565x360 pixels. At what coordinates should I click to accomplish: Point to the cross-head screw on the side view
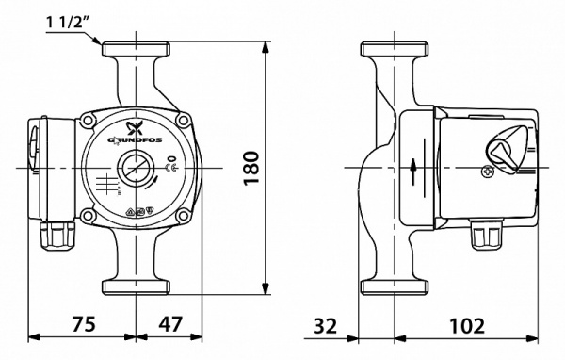point(487,172)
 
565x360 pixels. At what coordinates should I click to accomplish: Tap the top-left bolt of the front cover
point(90,122)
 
